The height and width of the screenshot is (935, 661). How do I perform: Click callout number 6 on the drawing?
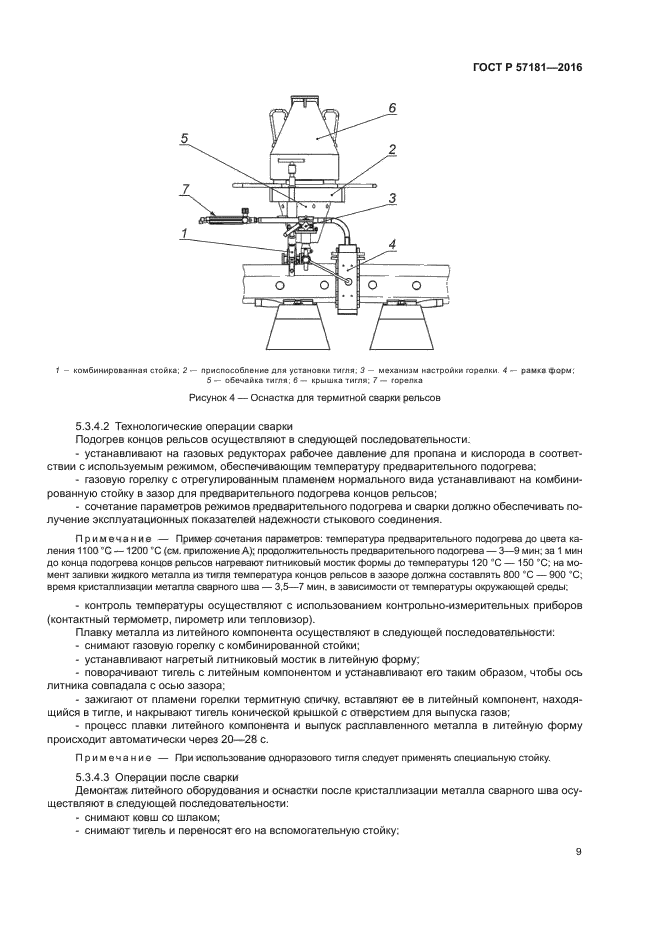[392, 107]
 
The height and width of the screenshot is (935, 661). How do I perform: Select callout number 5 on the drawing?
[185, 139]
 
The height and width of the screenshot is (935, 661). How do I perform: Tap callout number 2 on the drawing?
[393, 149]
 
